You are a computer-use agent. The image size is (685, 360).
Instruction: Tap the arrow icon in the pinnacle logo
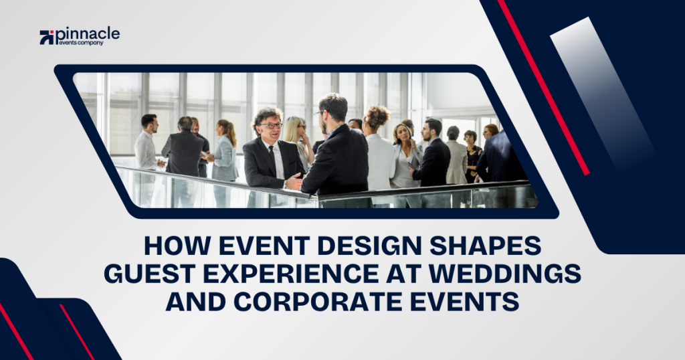click(47, 37)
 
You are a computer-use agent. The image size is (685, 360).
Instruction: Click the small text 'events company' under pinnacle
click(80, 43)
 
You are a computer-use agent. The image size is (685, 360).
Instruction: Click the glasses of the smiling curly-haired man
click(272, 125)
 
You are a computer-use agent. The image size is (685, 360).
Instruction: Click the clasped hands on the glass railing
click(294, 182)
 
